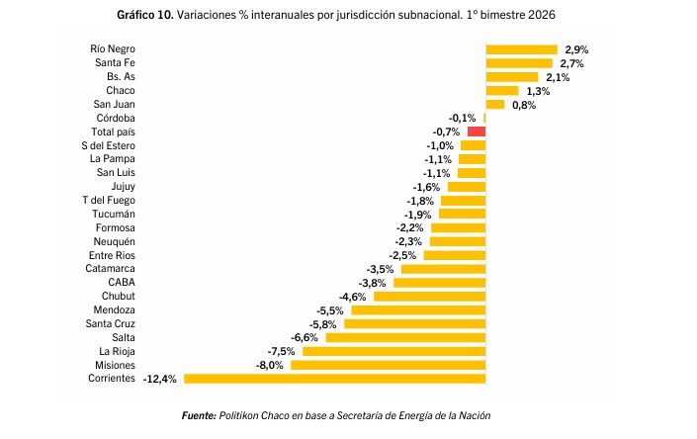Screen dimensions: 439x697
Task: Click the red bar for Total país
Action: pyautogui.click(x=477, y=132)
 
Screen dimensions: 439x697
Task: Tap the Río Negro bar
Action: pyautogui.click(x=521, y=49)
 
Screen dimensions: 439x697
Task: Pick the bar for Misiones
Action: pyautogui.click(x=388, y=365)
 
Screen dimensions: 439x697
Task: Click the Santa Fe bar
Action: pyautogui.click(x=519, y=63)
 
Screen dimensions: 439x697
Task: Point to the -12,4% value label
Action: pyautogui.click(x=160, y=379)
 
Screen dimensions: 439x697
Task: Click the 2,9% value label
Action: pyautogui.click(x=575, y=49)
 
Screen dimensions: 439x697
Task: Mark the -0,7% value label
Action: pyautogui.click(x=446, y=132)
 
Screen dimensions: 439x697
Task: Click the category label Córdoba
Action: pyautogui.click(x=115, y=118)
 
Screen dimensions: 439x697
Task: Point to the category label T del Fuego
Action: pyautogui.click(x=109, y=200)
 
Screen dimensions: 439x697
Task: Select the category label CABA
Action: pyautogui.click(x=122, y=283)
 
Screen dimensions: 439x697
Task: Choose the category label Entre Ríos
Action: pyautogui.click(x=112, y=255)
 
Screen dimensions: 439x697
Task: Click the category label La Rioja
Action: pyautogui.click(x=117, y=351)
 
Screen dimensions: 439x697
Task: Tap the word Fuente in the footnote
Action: pyautogui.click(x=200, y=415)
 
